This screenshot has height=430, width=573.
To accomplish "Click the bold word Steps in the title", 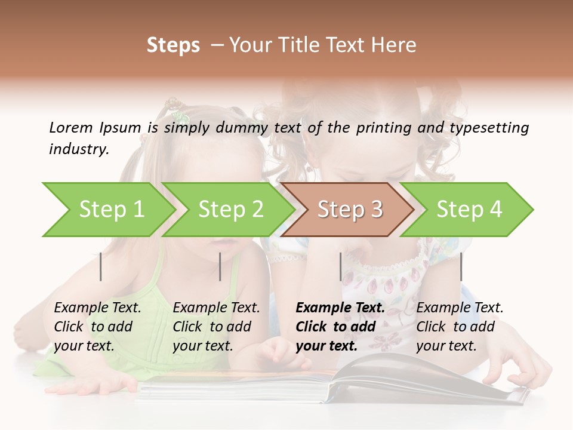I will pos(173,45).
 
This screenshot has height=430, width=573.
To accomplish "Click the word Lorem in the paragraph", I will pos(70,127).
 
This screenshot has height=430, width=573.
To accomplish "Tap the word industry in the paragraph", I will pos(79,149).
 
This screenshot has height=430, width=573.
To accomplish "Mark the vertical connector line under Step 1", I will pos(101,266).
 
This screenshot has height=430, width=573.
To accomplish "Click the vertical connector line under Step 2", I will pos(220,266).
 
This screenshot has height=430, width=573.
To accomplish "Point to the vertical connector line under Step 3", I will pos(340,266).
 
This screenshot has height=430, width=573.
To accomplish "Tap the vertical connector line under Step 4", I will pos(461,266).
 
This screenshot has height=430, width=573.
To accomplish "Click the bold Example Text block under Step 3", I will pos(340,327).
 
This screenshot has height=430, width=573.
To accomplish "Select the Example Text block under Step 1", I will pos(97,327).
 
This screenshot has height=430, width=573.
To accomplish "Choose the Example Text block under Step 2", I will pos(216,327).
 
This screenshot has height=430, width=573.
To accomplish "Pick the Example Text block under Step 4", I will pos(460,327).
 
